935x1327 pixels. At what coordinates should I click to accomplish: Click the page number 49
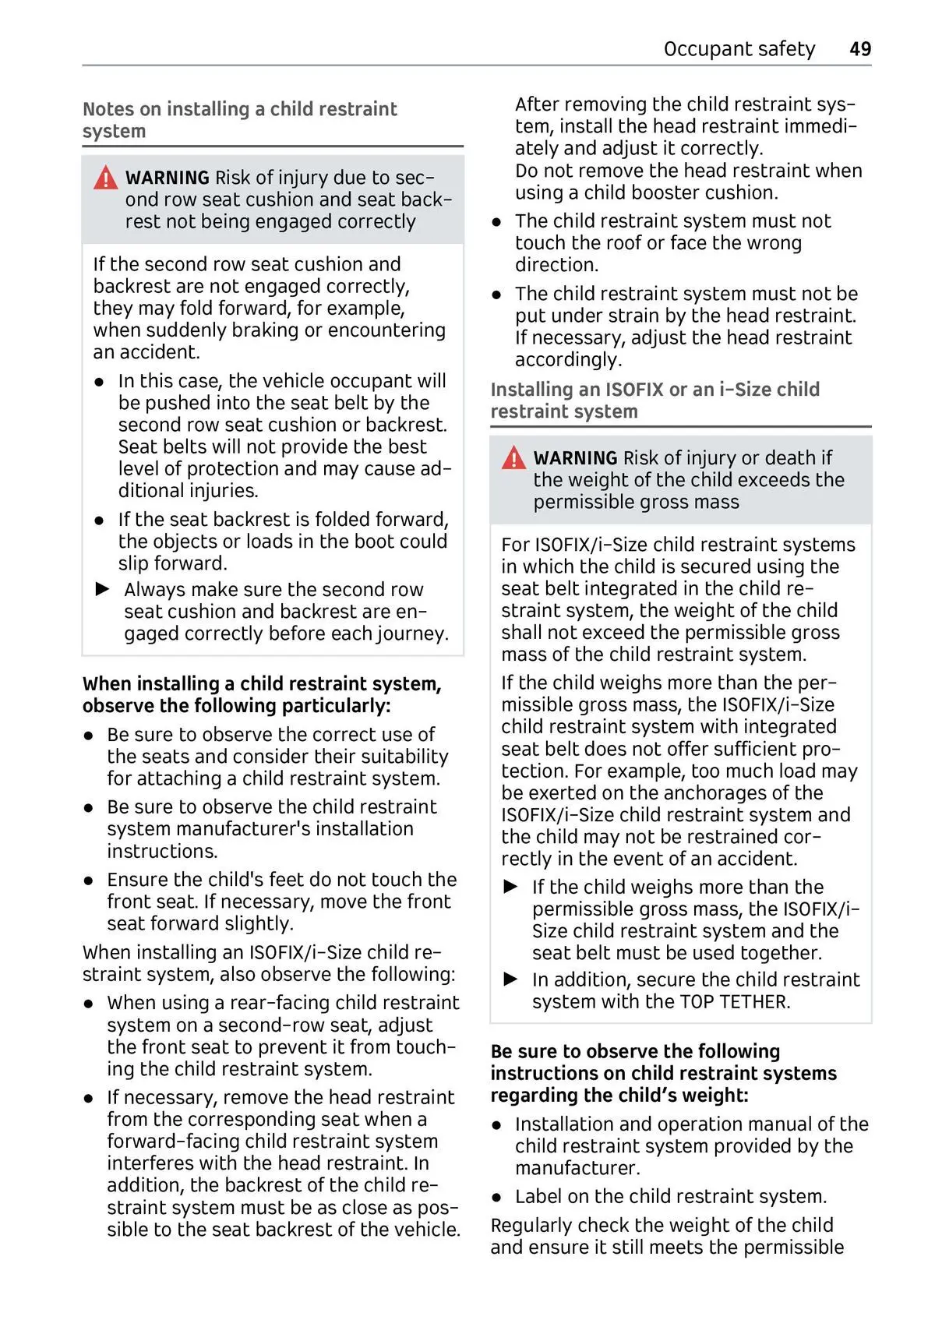(860, 49)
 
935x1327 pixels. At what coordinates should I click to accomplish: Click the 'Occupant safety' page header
(739, 49)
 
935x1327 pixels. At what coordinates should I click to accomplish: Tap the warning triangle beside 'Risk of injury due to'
(105, 178)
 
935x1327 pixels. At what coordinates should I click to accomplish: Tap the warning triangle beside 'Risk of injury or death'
(513, 458)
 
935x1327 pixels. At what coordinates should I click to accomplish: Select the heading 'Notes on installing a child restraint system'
(239, 120)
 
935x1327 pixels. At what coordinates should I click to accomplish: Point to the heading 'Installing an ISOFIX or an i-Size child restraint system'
(654, 401)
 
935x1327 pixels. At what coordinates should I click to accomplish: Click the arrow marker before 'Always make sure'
(103, 589)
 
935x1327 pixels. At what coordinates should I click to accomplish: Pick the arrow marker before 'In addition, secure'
(511, 979)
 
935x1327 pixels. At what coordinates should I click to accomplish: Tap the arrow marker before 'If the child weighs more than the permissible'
(511, 887)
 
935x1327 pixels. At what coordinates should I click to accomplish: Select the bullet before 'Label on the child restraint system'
(496, 1197)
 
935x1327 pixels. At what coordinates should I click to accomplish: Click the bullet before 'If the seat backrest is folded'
(100, 520)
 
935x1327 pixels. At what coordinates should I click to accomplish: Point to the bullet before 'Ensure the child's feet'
(90, 881)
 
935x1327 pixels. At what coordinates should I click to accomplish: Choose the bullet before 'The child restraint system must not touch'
(496, 221)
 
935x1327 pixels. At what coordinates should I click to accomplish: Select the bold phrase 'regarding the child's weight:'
(619, 1096)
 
